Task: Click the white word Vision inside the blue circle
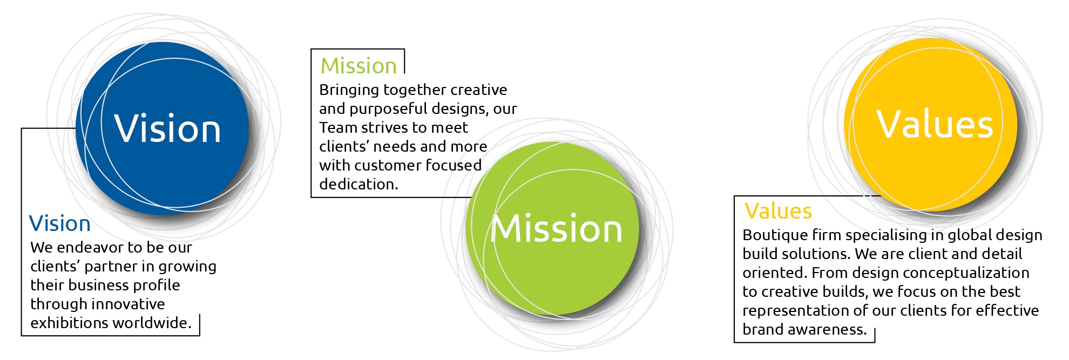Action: [x=167, y=129]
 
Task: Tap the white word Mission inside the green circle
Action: [x=557, y=229]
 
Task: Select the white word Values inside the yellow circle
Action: [x=934, y=125]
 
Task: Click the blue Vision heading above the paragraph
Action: [x=60, y=223]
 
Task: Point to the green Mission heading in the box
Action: [x=358, y=66]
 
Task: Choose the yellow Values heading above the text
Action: [x=778, y=211]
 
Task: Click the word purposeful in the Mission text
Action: [x=388, y=109]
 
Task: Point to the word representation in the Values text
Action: [x=791, y=311]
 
